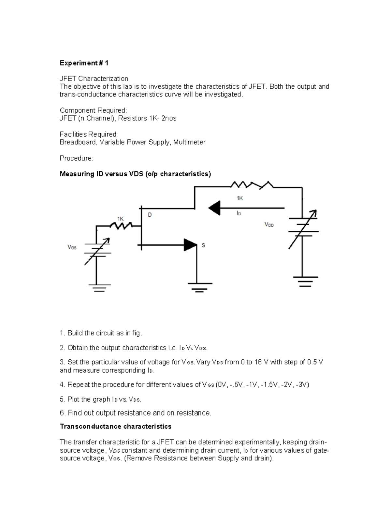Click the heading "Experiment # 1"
[84, 63]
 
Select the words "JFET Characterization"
[94, 79]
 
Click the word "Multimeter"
[189, 142]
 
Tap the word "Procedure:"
[76, 158]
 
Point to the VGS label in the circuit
[72, 247]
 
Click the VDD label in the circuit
[269, 225]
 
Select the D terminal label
[150, 215]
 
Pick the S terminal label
[203, 245]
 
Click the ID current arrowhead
[214, 208]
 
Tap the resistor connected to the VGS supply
[121, 225]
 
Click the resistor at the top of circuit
[252, 186]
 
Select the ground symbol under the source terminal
[200, 287]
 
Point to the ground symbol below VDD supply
[305, 281]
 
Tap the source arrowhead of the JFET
[191, 245]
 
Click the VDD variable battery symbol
[303, 229]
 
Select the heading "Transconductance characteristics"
[116, 426]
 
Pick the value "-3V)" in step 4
[303, 385]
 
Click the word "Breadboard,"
[79, 142]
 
